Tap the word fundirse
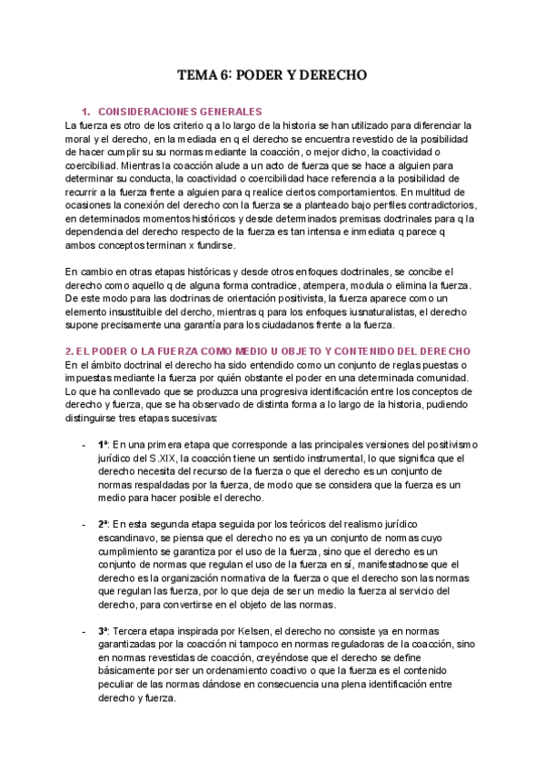pos(213,246)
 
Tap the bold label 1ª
pos(104,444)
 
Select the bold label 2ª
pos(104,524)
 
